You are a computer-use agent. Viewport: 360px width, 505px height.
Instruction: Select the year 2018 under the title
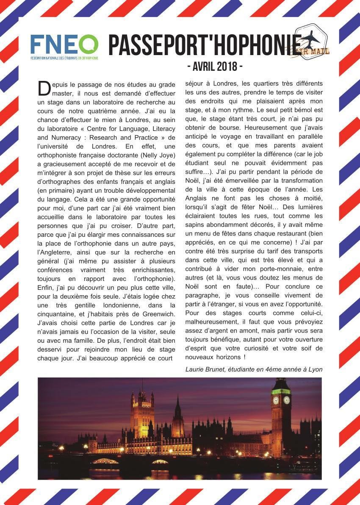[x=227, y=67]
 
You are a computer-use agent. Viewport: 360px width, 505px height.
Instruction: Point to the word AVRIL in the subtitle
[x=203, y=67]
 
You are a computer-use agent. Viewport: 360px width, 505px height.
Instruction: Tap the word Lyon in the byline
[x=315, y=369]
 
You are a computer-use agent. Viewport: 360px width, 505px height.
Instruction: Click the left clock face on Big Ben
[x=276, y=400]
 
